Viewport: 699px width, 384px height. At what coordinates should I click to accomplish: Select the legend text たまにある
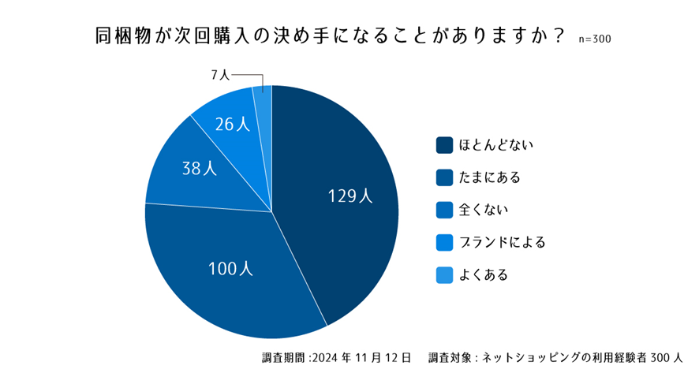click(x=490, y=177)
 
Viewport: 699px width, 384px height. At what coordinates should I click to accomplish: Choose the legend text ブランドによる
click(x=503, y=242)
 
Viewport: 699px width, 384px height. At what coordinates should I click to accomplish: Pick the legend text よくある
click(x=483, y=274)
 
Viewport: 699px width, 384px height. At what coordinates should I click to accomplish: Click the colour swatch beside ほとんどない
click(x=444, y=145)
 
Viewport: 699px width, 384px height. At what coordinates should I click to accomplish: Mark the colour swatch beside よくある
click(x=444, y=274)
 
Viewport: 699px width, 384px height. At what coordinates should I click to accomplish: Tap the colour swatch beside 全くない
click(x=444, y=210)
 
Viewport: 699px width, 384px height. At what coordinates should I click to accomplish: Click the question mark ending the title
click(x=559, y=36)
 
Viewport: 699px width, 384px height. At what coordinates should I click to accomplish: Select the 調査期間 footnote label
click(x=283, y=357)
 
